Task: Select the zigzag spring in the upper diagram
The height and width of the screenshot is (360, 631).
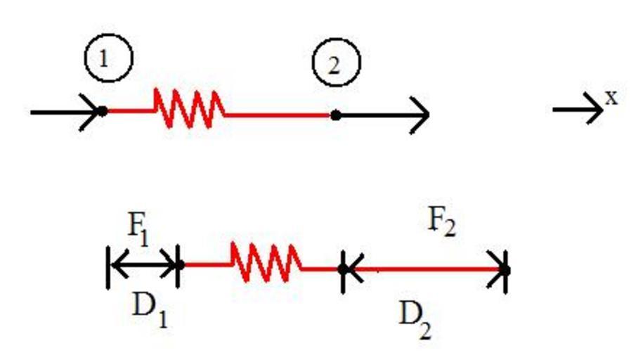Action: click(188, 109)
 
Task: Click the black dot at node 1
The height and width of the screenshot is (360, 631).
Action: click(103, 111)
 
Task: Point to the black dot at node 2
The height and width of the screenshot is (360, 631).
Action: click(336, 115)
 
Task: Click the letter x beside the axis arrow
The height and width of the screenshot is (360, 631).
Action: click(612, 98)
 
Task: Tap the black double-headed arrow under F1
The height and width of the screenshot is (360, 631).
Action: click(143, 265)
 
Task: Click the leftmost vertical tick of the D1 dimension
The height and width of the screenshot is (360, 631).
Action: click(109, 267)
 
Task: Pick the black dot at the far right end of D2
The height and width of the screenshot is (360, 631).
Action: click(505, 270)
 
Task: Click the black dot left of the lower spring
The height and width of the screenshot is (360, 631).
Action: click(180, 264)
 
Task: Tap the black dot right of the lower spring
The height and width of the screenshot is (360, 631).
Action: click(343, 269)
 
